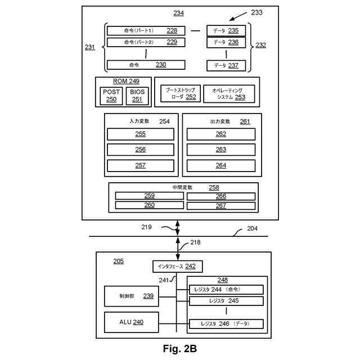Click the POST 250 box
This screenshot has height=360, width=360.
[111, 96]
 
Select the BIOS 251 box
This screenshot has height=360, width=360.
[137, 96]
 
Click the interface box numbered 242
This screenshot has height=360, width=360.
[177, 267]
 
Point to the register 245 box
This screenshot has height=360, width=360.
[226, 301]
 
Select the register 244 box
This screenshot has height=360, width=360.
[226, 290]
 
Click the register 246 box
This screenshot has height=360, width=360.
[226, 324]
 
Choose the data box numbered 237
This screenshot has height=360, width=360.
[226, 65]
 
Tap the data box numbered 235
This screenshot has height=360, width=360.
[226, 30]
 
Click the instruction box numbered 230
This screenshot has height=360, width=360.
[146, 65]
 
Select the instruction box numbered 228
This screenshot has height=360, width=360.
[146, 30]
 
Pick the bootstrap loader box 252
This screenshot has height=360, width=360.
[179, 93]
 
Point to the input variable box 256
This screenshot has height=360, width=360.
[140, 150]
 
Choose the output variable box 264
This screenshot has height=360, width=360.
[221, 165]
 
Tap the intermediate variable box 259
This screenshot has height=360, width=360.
[149, 196]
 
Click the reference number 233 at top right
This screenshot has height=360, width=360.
[256, 12]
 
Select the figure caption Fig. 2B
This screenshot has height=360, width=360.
[180, 349]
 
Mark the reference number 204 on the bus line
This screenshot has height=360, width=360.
[253, 229]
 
